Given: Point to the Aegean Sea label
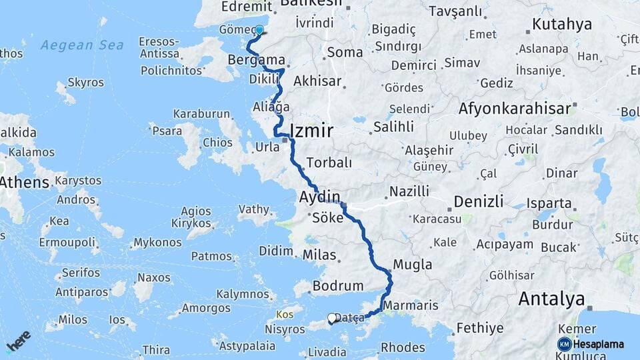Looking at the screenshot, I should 82,45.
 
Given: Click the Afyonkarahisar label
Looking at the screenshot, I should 515,107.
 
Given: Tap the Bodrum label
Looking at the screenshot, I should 337,286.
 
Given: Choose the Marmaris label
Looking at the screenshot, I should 411,305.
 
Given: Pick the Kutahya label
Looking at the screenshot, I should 563,25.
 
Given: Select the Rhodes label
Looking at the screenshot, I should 403,347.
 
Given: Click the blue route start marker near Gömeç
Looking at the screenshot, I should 259,30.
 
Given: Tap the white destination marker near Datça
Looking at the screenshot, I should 331,319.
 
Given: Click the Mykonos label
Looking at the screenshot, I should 157,243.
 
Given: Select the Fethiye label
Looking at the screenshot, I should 479,328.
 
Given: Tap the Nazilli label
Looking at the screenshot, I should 409,191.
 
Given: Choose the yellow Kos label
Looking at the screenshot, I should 285,313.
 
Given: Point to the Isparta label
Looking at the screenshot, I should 549,203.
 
